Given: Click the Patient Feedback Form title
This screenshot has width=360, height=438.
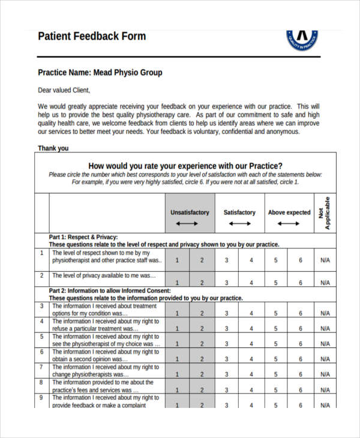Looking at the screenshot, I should click(92, 36).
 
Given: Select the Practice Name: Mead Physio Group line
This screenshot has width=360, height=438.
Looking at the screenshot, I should click(100, 73).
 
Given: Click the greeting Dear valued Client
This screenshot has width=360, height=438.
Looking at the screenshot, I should click(64, 91).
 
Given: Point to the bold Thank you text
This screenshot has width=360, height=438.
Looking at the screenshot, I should click(53, 148).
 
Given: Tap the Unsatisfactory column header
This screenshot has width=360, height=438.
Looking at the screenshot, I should click(190, 212).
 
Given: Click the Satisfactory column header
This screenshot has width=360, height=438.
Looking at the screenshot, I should click(239, 212).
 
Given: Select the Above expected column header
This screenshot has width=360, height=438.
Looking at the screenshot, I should click(289, 212).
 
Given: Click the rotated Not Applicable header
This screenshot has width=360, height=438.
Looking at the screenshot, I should click(325, 213).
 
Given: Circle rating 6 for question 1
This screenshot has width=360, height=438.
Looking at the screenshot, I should click(301, 260).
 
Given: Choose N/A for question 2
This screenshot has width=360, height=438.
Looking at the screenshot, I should click(325, 283).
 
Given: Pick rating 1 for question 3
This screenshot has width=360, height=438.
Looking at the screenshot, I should click(177, 313).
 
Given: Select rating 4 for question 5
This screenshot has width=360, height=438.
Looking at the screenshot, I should click(251, 344).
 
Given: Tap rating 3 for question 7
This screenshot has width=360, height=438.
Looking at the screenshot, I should click(226, 374).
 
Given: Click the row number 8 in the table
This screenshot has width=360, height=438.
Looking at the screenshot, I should click(41, 382).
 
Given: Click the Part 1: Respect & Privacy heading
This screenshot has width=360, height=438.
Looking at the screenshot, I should click(83, 237).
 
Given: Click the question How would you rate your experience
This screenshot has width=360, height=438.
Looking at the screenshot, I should click(185, 166).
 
